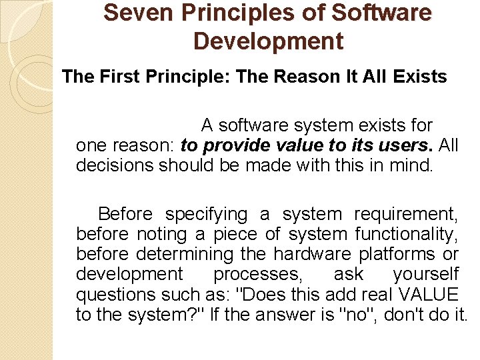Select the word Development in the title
click(268, 41)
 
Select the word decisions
click(115, 165)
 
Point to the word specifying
click(206, 215)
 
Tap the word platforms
click(398, 255)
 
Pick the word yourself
click(426, 275)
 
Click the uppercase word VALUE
click(426, 295)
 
